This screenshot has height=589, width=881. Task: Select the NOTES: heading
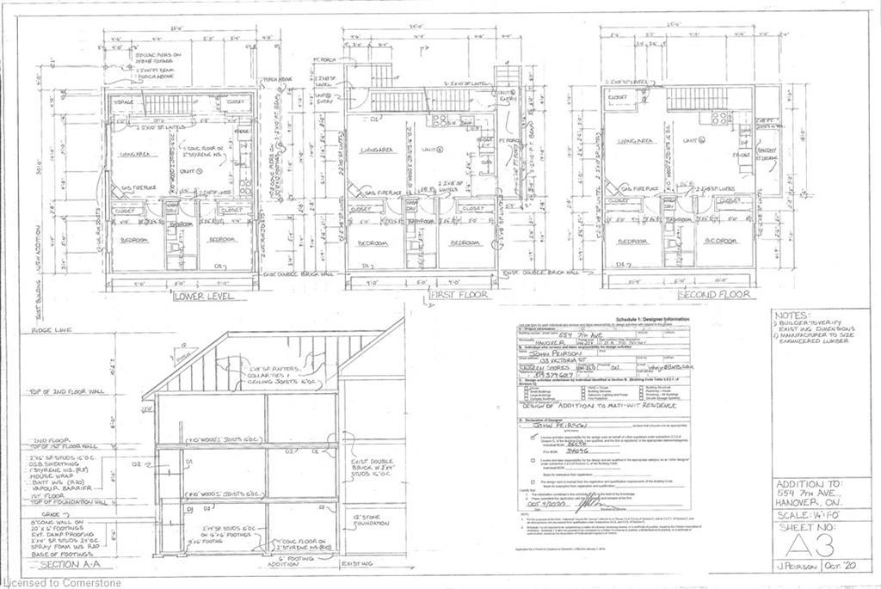792,316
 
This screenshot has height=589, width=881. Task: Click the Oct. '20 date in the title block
851,580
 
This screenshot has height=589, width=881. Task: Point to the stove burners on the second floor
721,116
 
